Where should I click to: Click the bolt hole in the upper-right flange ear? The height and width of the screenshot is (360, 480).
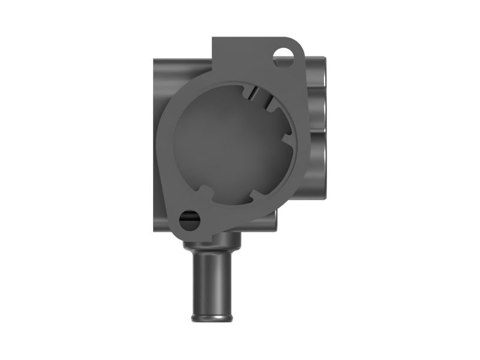tap(283, 56)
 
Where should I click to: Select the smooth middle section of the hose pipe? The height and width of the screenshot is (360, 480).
tap(214, 282)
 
